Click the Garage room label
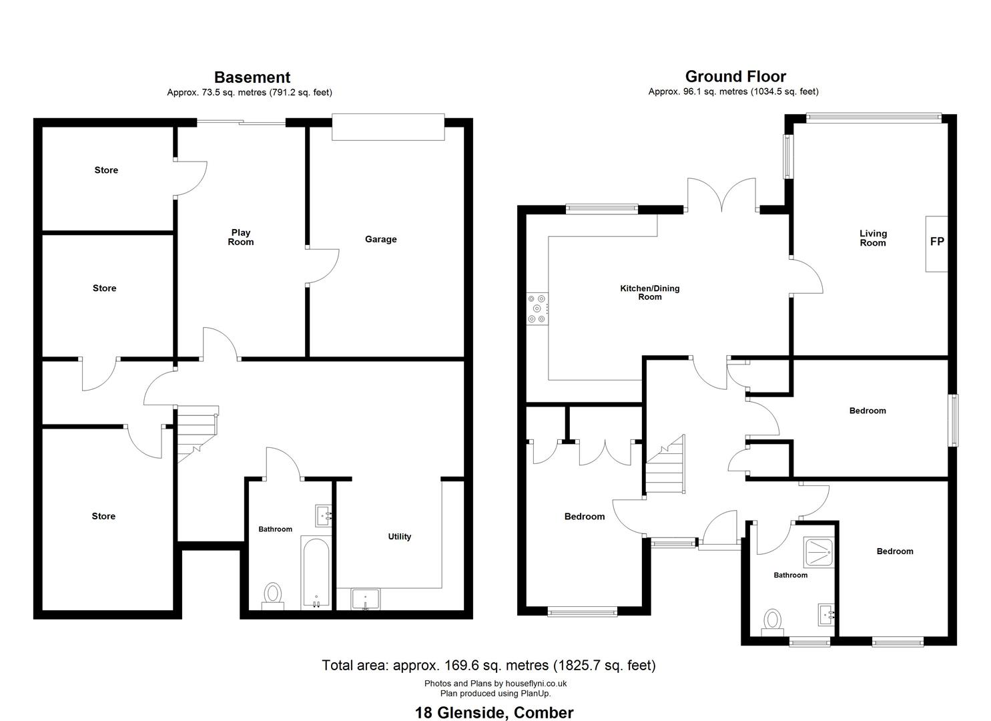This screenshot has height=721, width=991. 380,240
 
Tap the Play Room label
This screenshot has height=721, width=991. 241,237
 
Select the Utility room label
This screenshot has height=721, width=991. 399,537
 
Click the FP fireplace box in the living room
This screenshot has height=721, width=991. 936,244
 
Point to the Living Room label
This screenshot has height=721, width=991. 873,238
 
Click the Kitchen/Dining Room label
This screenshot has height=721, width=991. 649,292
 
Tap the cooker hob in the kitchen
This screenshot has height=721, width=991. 537,309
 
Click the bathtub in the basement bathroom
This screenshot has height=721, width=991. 316,573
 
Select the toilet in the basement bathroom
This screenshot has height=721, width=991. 272,595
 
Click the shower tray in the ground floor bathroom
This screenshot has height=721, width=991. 819,552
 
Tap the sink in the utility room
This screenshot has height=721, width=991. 365,599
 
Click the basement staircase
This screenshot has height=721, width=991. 198,434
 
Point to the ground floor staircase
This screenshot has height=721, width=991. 665,464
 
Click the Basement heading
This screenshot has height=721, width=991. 252,77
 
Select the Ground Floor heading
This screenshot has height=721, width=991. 735,77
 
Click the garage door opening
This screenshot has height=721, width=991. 388,127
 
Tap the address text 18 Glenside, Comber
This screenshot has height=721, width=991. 494,712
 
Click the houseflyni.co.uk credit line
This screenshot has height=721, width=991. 495,683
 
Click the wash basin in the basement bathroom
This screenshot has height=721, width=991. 324,515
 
